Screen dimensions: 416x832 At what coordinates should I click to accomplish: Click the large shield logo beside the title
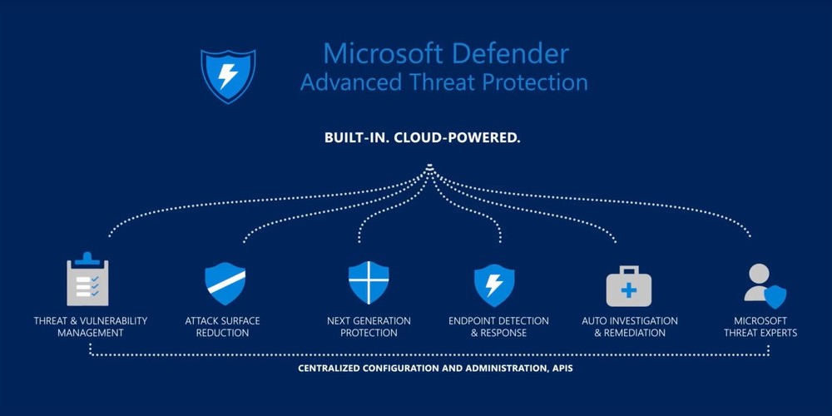[227, 76]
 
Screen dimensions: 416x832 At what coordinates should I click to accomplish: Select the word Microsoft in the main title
[381, 54]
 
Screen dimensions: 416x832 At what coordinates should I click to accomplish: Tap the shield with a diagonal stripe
[225, 283]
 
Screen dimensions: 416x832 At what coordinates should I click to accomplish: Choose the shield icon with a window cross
[369, 283]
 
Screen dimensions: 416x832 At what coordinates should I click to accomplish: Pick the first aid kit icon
[629, 286]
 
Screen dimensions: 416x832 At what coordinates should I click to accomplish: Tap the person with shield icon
[765, 285]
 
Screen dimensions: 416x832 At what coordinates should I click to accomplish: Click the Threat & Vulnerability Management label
[91, 327]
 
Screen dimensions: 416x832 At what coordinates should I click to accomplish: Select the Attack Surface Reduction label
[223, 327]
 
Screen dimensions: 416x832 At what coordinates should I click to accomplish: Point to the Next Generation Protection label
[369, 327]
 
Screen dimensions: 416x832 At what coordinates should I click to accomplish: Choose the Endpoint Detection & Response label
[498, 327]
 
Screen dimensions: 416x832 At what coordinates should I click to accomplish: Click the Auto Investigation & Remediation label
[630, 327]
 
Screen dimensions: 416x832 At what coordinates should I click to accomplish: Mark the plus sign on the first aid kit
[629, 290]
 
